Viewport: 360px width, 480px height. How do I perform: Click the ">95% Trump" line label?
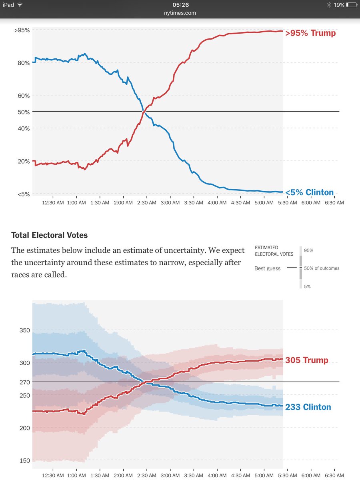coord(310,33)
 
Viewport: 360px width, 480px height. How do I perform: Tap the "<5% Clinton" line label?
coord(309,192)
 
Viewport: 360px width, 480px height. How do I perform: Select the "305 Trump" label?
coord(306,360)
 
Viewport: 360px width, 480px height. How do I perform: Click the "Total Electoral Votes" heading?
coord(49,235)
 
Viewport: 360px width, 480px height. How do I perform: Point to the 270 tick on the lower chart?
coord(24,382)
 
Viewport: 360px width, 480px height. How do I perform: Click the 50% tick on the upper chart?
coord(24,112)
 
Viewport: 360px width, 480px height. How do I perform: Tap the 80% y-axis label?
coord(24,63)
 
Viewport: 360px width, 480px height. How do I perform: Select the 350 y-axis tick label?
coord(24,330)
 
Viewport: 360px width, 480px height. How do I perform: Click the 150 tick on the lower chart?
coord(24,461)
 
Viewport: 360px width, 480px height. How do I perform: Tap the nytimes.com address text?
coord(180,13)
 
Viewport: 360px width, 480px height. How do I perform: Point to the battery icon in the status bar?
coord(351,5)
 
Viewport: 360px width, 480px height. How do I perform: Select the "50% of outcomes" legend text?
coord(322,268)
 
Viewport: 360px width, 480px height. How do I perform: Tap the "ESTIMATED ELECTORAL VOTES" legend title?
coord(274,251)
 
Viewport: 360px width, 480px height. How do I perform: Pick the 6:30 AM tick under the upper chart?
coord(334,203)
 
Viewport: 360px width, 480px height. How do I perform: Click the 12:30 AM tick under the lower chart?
coord(53,476)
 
